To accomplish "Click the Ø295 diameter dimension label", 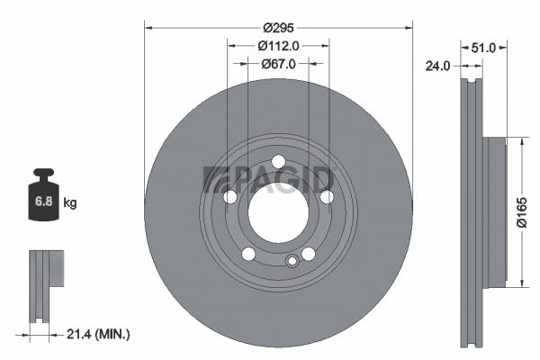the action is pyautogui.click(x=278, y=28).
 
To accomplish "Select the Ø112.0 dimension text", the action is pyautogui.click(x=278, y=46).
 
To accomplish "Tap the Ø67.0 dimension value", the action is pyautogui.click(x=278, y=64).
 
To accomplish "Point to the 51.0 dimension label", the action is pyautogui.click(x=483, y=48).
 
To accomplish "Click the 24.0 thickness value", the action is pyautogui.click(x=437, y=66).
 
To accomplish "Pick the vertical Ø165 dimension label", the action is pyautogui.click(x=522, y=212).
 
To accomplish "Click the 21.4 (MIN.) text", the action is pyautogui.click(x=98, y=334).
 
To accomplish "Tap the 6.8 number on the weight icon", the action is pyautogui.click(x=44, y=202).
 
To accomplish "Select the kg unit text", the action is pyautogui.click(x=70, y=202).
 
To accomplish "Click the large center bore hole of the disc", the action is pyautogui.click(x=278, y=212).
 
